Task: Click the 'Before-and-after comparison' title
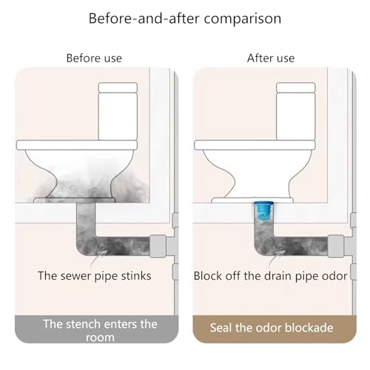(x=185, y=18)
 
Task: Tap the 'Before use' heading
(x=94, y=58)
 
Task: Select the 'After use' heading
(x=271, y=58)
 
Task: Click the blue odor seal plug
(x=263, y=212)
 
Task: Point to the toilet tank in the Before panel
(x=118, y=112)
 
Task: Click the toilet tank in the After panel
(x=296, y=112)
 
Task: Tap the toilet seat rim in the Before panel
(x=77, y=145)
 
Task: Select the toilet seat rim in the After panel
(x=255, y=145)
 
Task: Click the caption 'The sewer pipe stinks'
(x=95, y=276)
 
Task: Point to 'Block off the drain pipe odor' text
(x=271, y=276)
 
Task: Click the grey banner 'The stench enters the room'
(x=96, y=329)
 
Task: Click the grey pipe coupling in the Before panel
(x=158, y=246)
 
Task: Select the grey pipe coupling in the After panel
(x=336, y=246)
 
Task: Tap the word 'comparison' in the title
(x=243, y=19)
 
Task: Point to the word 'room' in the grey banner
(x=100, y=337)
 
